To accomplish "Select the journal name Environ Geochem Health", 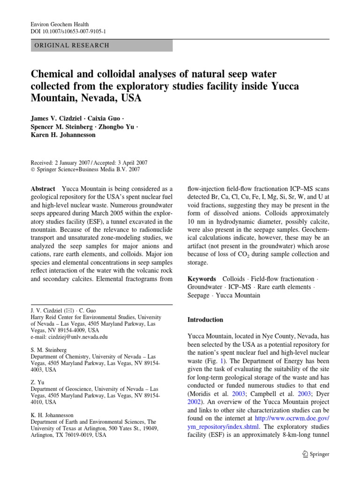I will pos(60,24).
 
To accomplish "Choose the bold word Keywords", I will pos(202,278).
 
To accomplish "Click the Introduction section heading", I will pos(205,320).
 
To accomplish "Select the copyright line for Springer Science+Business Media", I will pos(85,170).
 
